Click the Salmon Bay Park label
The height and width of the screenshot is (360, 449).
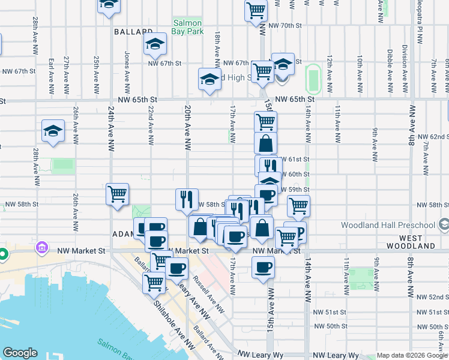click(188, 27)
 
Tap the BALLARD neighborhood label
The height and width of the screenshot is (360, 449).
click(132, 31)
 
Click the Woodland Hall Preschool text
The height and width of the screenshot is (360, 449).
click(387, 226)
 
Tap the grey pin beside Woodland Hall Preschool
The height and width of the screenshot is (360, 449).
click(444, 225)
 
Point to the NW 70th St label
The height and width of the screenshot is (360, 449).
click(286, 25)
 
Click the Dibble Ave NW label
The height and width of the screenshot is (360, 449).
click(390, 66)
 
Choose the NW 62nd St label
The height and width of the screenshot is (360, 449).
click(432, 136)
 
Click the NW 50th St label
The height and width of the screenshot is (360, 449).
click(330, 326)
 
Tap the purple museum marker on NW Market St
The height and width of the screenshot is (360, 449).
click(41, 247)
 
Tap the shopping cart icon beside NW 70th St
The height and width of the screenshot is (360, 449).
click(256, 10)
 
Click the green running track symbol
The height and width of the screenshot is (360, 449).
click(313, 79)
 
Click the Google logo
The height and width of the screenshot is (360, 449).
click(20, 353)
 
